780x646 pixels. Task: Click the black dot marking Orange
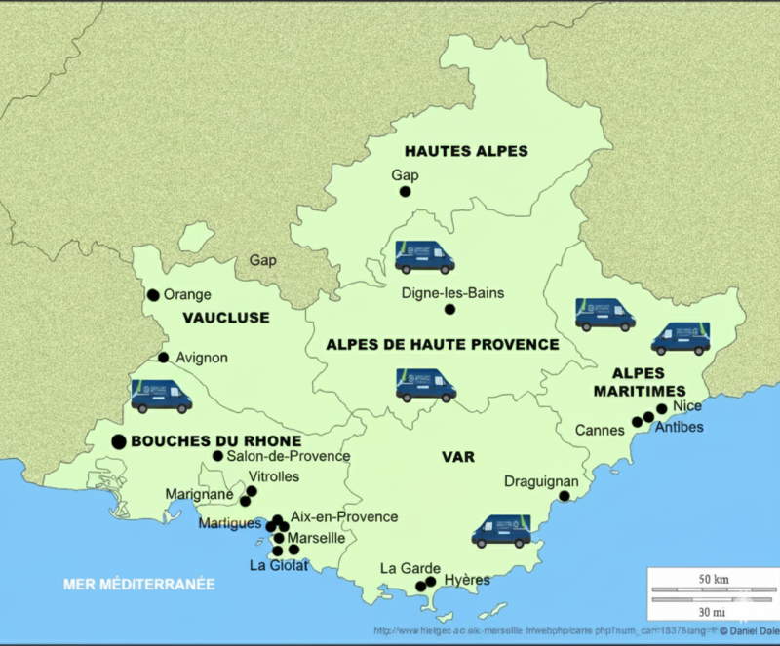(153, 295)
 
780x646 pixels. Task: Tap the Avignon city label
(202, 358)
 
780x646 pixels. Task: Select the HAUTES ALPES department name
(466, 151)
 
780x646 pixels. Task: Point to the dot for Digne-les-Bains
(450, 310)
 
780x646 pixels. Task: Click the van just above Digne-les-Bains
(424, 257)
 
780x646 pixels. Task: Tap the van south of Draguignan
(501, 531)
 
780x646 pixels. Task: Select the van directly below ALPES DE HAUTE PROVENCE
(426, 385)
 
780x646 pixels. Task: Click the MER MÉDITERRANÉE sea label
(138, 585)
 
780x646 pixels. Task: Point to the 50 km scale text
(714, 580)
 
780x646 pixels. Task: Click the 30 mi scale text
(714, 612)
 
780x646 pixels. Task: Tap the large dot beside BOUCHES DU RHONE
(119, 441)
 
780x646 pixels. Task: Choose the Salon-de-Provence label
(288, 456)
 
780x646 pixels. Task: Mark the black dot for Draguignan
(565, 497)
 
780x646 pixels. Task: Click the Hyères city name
(466, 580)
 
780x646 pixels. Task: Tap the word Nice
(687, 405)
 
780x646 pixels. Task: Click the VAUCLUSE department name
(225, 318)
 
